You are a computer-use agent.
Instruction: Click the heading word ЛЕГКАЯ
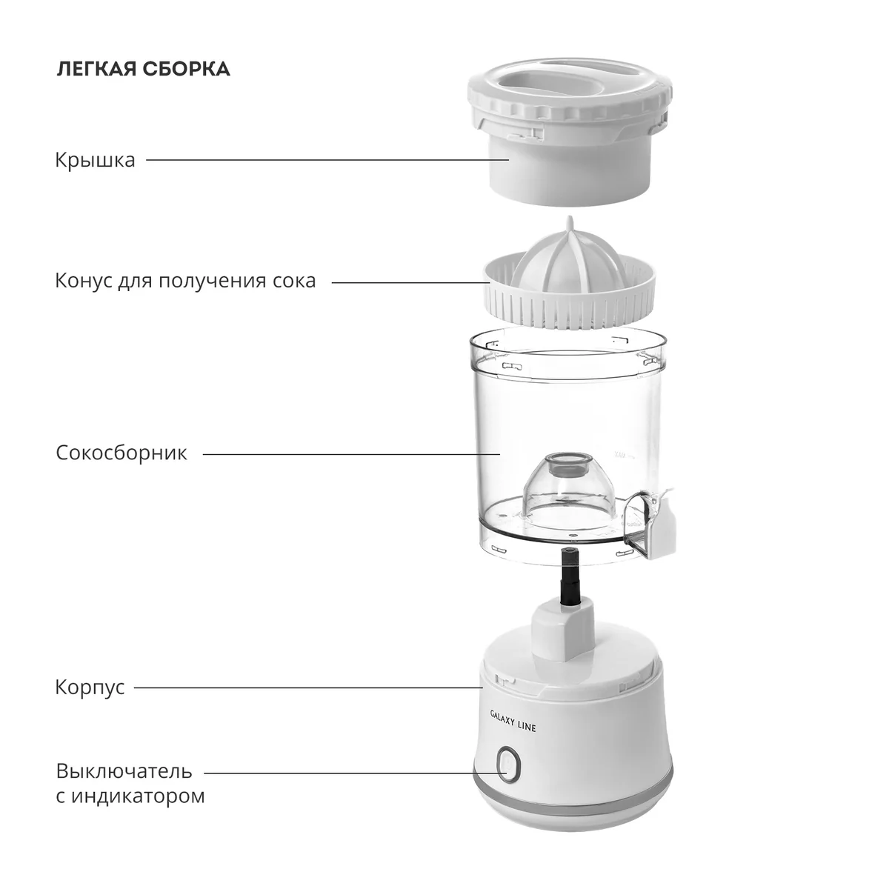click(96, 69)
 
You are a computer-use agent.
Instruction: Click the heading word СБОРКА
click(187, 69)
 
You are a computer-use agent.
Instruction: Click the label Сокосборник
click(121, 453)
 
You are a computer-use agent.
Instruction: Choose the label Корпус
click(90, 687)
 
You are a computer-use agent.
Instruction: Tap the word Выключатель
click(124, 771)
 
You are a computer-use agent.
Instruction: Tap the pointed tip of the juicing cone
click(570, 219)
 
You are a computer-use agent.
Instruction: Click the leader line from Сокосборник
click(352, 454)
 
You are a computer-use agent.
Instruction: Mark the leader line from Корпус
click(309, 687)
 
